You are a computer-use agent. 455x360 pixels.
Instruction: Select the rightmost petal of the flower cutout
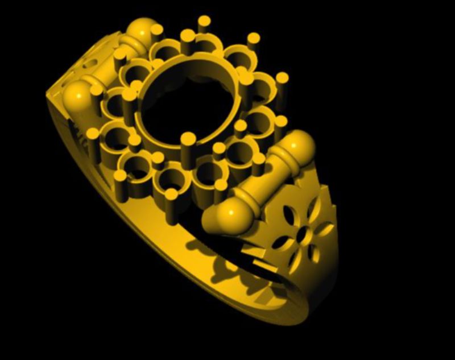325,229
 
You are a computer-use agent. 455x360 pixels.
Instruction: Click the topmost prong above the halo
204,22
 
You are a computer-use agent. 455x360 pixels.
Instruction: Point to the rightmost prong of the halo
282,78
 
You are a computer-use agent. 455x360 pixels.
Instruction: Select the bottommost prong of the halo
171,195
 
